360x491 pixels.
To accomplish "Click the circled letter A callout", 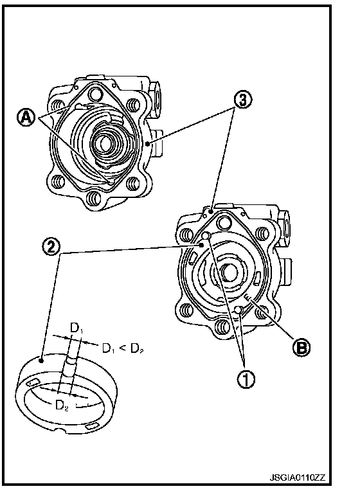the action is (26, 118).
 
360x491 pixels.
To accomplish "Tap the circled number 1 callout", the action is (246, 380).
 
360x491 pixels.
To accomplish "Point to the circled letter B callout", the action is (301, 347).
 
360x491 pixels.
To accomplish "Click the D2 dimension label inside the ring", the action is (62, 405).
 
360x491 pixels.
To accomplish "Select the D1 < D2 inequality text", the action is (123, 348).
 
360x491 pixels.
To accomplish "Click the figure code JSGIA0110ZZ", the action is (298, 478).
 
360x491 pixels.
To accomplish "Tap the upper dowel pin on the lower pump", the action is (206, 235).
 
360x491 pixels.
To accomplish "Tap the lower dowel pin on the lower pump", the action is (239, 310).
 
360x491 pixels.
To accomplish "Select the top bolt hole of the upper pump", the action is (95, 94).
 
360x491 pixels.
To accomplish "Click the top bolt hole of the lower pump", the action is (224, 223).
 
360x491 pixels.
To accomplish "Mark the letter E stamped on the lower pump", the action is (248, 297).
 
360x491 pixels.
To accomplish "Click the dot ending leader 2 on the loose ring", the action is (41, 361).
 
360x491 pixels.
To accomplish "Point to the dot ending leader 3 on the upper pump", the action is (147, 144).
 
